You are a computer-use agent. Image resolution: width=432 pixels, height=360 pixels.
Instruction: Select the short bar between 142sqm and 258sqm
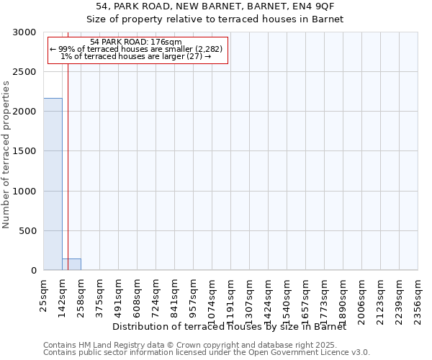[x=71, y=264]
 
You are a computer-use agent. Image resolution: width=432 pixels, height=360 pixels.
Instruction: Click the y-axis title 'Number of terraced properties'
[x=6, y=155]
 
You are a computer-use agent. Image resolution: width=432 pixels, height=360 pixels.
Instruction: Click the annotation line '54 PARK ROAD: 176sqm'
[x=136, y=42]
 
